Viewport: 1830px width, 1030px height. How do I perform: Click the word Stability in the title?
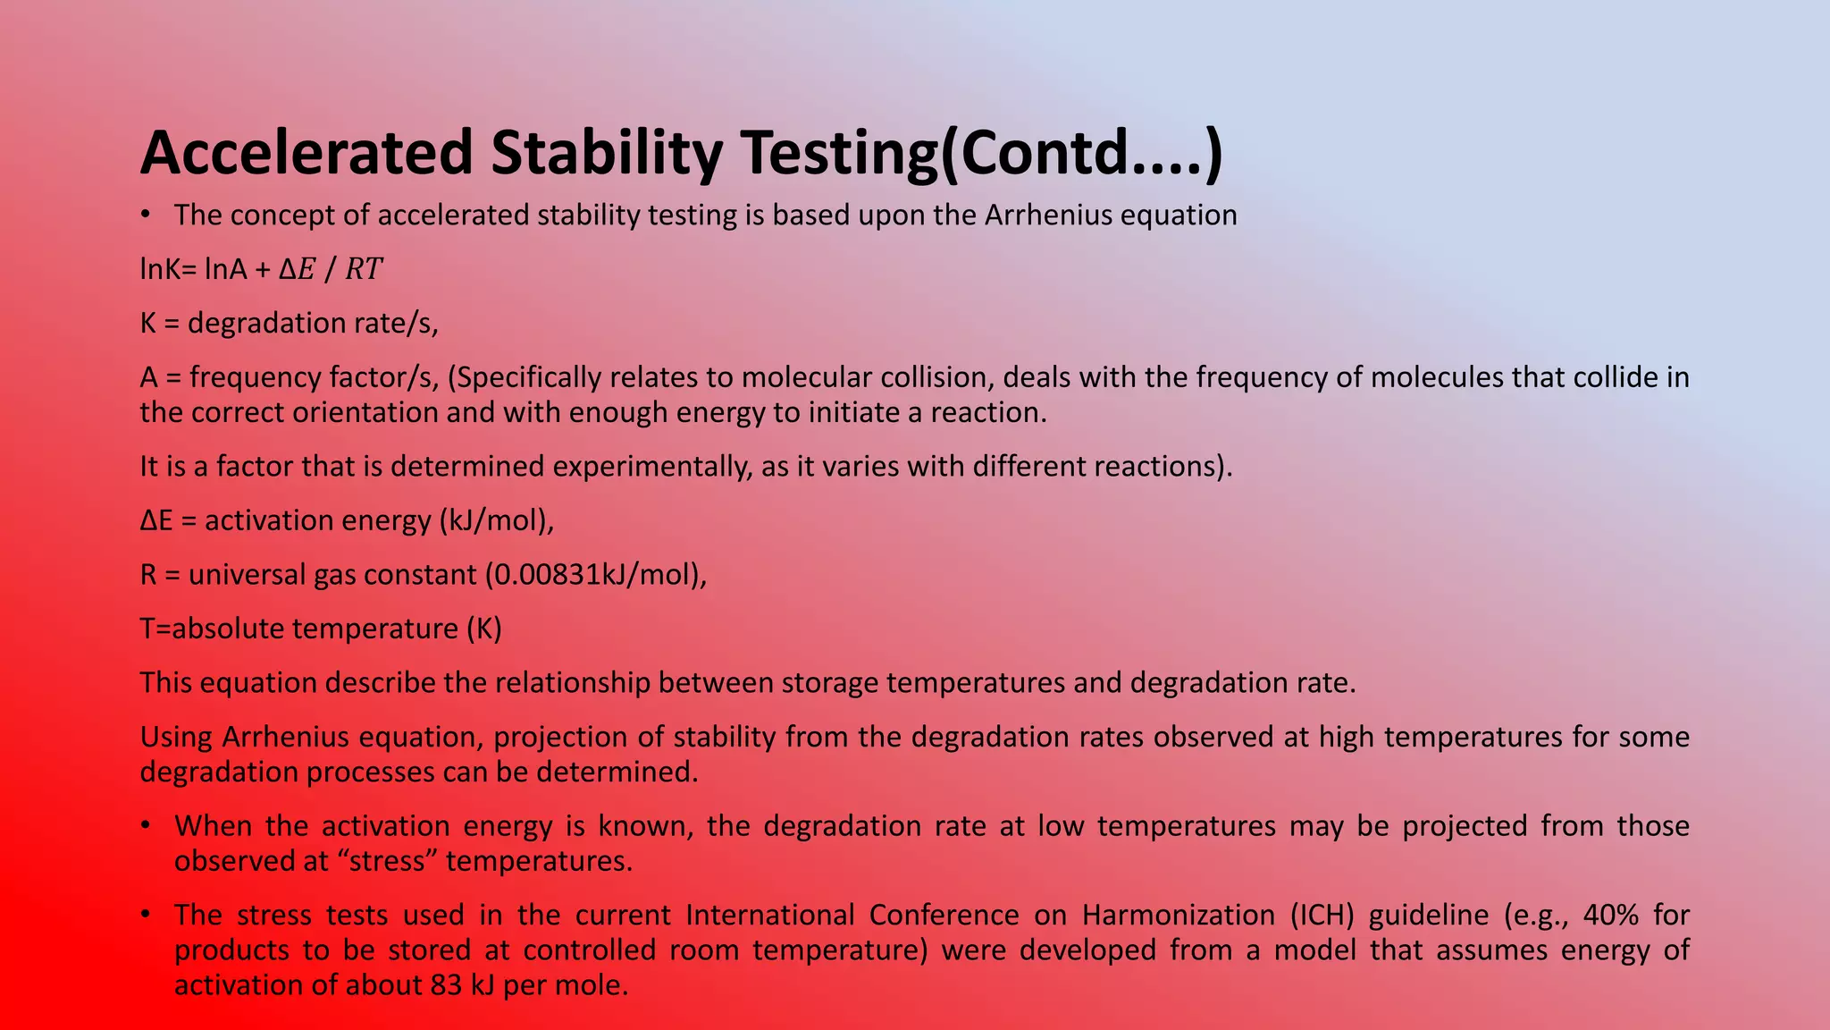607,154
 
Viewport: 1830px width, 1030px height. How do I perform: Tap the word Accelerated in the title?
306,154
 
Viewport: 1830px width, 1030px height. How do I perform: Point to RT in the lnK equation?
364,269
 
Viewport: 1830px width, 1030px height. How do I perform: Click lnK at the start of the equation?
161,269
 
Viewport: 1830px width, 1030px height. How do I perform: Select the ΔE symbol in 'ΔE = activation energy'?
156,520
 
